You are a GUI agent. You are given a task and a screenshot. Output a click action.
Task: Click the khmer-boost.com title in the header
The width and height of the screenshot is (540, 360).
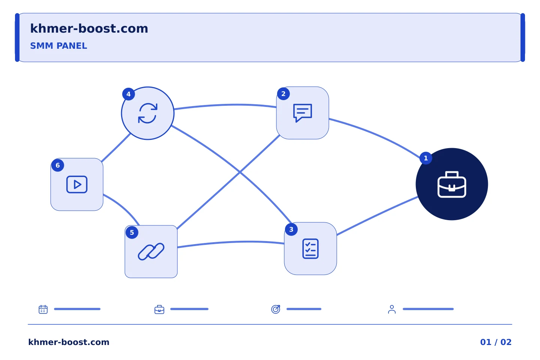[89, 28]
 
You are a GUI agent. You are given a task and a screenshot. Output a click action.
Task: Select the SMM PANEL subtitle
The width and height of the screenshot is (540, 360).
[58, 46]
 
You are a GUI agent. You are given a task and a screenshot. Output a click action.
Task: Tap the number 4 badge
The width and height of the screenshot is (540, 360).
[129, 94]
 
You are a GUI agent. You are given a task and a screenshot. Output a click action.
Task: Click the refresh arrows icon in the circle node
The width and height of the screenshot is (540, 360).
[148, 113]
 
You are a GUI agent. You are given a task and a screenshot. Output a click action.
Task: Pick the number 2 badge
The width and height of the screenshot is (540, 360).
[283, 94]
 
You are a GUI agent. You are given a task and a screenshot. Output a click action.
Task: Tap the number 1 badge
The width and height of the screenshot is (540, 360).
[426, 158]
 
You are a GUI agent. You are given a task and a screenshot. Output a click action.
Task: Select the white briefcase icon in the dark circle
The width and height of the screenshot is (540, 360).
[452, 184]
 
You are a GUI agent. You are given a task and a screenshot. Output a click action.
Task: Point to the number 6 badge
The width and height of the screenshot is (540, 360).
[58, 165]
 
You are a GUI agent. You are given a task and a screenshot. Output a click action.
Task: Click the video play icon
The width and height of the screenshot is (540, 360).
[77, 184]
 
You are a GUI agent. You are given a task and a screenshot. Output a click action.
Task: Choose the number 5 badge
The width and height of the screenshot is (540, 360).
[132, 232]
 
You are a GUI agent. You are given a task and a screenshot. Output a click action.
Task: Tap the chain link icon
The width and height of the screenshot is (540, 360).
[151, 252]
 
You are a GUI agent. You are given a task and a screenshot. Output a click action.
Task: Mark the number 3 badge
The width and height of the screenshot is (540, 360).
[291, 229]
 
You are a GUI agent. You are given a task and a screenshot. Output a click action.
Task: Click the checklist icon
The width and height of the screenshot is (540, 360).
[310, 249]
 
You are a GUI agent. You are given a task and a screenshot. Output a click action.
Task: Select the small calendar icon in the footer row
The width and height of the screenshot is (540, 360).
[43, 309]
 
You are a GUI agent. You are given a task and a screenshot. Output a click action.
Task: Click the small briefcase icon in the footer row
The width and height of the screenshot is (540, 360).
[159, 309]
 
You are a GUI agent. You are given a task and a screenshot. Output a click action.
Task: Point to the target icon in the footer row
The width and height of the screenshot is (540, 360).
[276, 309]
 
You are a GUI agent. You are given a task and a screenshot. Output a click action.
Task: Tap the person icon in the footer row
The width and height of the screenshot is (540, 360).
[392, 309]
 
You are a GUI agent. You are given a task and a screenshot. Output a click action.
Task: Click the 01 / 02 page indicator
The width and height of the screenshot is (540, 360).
[496, 342]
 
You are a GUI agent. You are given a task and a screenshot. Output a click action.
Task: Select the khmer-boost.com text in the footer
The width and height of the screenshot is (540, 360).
[69, 342]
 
